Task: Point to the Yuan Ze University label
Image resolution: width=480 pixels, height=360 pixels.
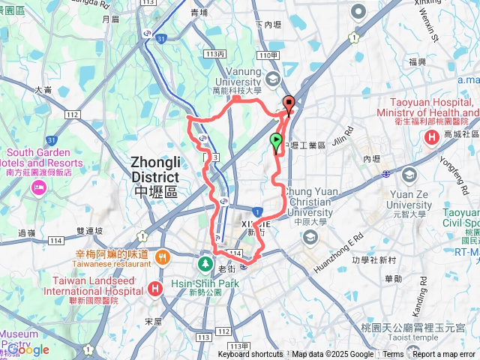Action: (409, 199)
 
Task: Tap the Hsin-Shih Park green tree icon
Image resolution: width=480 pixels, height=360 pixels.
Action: (204, 265)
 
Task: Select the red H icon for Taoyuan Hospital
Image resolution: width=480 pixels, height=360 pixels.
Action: (432, 137)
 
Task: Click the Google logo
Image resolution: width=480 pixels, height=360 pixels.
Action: (28, 349)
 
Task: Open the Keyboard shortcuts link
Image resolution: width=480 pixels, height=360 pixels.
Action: (250, 355)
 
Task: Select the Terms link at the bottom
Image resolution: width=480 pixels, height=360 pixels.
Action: (393, 355)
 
